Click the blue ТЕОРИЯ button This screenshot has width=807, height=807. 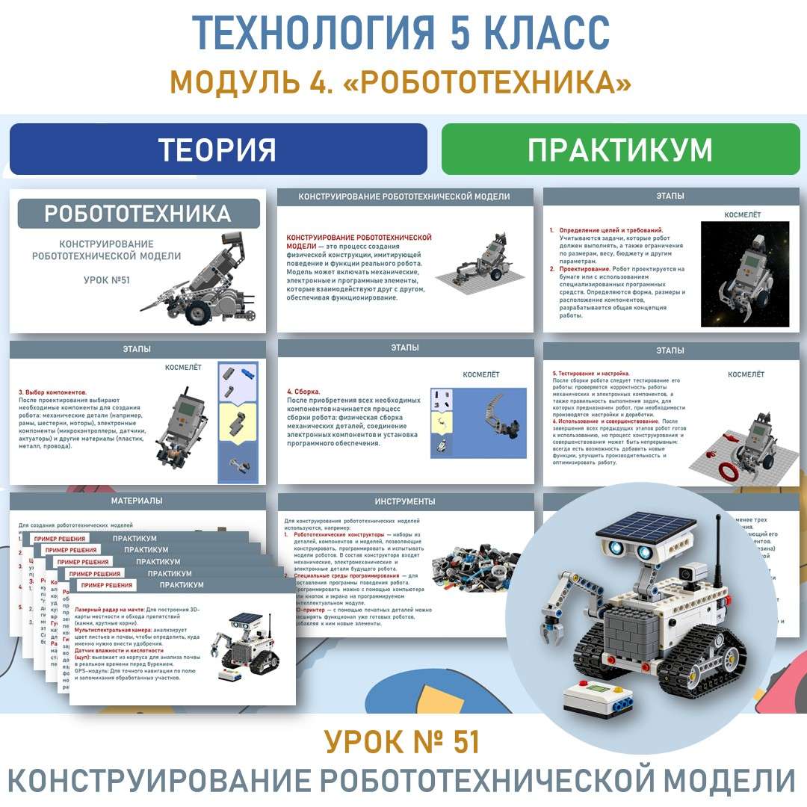[x=217, y=149]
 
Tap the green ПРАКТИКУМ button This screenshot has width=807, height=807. [x=619, y=149]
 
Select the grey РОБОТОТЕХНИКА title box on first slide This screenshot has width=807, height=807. [x=138, y=214]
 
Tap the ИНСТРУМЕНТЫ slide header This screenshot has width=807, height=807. [x=405, y=501]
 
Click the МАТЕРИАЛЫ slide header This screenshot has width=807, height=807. [x=137, y=501]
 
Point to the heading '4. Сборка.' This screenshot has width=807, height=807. [x=303, y=392]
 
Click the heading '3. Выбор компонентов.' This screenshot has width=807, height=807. [x=52, y=392]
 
